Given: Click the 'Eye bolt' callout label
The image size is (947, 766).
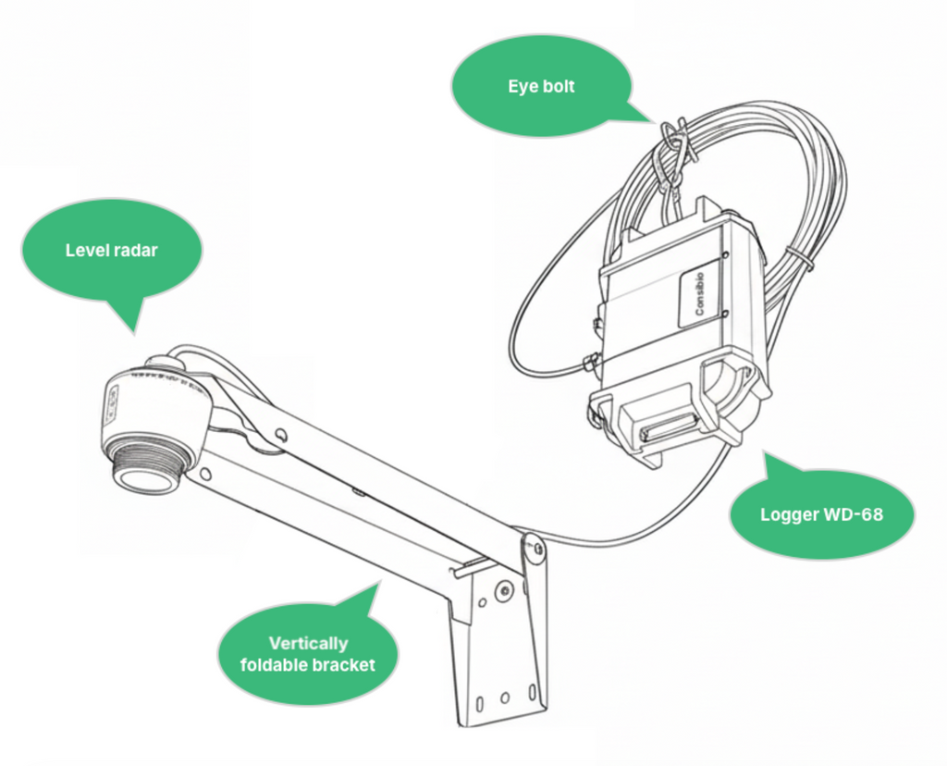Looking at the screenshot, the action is tap(540, 86).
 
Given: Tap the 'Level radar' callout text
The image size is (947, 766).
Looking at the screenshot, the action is tap(112, 250).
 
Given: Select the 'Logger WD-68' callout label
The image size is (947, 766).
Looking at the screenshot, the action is tap(821, 514).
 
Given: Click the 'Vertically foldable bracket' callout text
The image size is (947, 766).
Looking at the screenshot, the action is tap(308, 654).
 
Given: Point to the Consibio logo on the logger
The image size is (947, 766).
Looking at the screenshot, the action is tap(700, 293).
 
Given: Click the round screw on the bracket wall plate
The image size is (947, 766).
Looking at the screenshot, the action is tap(502, 591).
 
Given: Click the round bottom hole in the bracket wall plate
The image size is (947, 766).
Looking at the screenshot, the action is tap(505, 698).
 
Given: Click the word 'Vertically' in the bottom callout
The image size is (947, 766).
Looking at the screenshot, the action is tap(308, 643).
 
